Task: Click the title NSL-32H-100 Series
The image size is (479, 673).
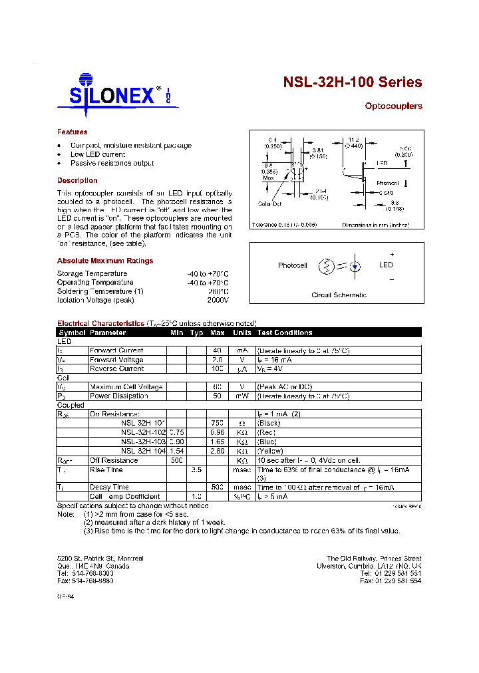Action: (x=352, y=82)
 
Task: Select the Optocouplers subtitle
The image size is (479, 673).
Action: (x=393, y=106)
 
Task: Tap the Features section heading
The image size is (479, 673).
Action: (x=72, y=132)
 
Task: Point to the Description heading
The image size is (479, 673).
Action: (x=77, y=180)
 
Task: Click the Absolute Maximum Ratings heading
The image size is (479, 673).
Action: (x=105, y=261)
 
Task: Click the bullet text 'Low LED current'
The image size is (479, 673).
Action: (x=98, y=154)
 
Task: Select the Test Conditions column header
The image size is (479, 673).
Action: (x=285, y=333)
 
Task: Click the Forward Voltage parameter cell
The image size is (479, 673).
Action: (x=116, y=360)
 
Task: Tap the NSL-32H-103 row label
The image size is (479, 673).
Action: (x=143, y=441)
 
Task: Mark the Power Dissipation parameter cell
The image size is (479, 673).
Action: (x=119, y=396)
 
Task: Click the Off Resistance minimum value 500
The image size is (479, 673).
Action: (x=176, y=460)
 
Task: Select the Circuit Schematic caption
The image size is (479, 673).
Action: (x=339, y=295)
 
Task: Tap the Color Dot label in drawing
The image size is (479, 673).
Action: (x=270, y=203)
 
